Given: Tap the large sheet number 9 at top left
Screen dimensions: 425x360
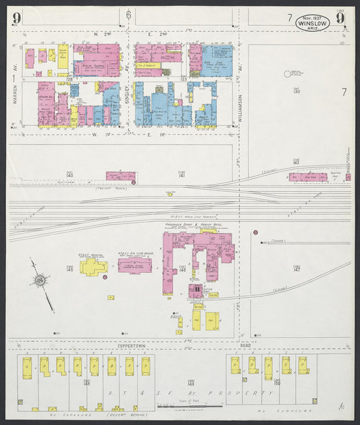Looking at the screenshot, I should [16, 18].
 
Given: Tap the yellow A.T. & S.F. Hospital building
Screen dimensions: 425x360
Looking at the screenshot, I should [93, 266].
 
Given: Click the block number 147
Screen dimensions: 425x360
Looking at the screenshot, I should [297, 268].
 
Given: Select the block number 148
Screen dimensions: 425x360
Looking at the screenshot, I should [86, 383].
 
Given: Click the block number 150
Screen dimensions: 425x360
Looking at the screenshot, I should [276, 383].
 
